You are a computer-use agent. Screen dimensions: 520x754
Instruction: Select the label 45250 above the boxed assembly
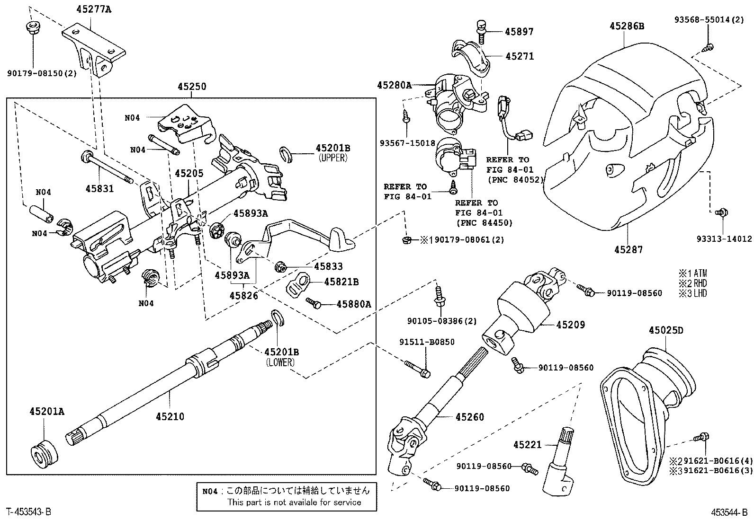pos(192,87)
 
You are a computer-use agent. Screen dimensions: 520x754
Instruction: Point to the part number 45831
pos(99,189)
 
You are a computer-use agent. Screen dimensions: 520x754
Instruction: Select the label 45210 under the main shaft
pos(170,417)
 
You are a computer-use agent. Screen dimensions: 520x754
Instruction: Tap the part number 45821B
pos(341,282)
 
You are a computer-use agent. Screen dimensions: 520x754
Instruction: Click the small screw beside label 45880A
pos(314,302)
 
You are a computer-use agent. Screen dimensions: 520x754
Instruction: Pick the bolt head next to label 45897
pos(481,24)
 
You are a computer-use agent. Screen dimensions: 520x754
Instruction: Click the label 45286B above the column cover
pos(627,26)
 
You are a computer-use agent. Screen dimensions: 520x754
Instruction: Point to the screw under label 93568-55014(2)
pos(708,46)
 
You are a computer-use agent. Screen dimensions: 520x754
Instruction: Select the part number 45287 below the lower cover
pos(628,250)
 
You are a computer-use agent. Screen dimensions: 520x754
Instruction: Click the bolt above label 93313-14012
pos(722,213)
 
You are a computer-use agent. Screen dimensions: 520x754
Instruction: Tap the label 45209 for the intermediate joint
pos(570,325)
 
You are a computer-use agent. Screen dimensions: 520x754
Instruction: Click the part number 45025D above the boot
pos(666,330)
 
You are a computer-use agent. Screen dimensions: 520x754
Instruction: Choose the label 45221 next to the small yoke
pos(527,445)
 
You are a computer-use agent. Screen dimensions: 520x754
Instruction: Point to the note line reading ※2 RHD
pos(692,283)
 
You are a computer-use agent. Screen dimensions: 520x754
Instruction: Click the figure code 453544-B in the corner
pos(728,512)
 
